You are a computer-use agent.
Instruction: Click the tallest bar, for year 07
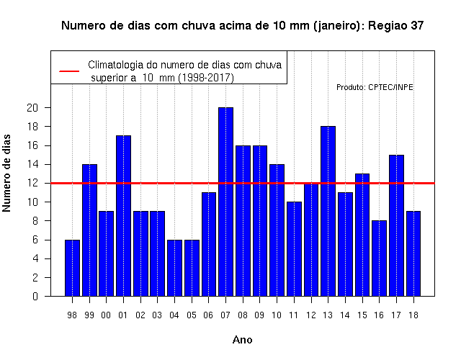click(225, 202)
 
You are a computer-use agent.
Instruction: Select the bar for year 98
click(72, 268)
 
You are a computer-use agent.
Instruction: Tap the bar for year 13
click(328, 211)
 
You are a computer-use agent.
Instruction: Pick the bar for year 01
click(123, 216)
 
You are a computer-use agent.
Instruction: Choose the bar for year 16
click(380, 258)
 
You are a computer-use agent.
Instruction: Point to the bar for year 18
click(413, 253)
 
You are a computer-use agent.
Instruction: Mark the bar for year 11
click(294, 249)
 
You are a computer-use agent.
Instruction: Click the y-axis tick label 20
click(32, 108)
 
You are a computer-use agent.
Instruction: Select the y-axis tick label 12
click(32, 183)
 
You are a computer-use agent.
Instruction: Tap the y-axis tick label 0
click(35, 296)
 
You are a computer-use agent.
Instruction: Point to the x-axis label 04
click(174, 315)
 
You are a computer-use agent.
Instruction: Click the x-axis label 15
click(362, 315)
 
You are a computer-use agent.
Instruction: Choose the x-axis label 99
click(89, 315)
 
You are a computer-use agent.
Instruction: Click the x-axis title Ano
click(242, 340)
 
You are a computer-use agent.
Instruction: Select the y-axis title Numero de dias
click(6, 174)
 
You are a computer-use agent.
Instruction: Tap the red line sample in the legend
click(69, 71)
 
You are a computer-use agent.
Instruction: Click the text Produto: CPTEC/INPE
click(375, 87)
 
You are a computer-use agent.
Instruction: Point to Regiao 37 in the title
click(395, 26)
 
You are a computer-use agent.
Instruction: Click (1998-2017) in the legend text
click(206, 78)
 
